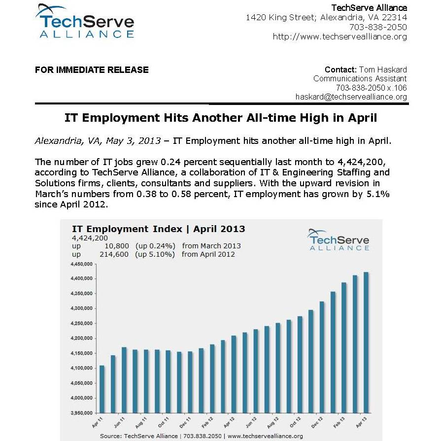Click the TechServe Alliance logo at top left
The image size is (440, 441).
click(x=84, y=22)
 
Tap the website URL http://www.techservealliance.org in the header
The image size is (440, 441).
click(x=340, y=37)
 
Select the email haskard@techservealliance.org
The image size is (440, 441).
click(x=351, y=97)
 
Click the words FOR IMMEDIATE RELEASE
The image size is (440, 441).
click(x=92, y=70)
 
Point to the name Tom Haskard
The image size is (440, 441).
click(x=383, y=69)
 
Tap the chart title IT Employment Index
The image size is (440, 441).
click(x=131, y=229)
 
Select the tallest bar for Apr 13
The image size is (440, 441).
click(x=366, y=342)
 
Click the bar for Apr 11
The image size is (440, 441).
click(x=102, y=389)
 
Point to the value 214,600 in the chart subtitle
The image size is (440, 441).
click(x=116, y=255)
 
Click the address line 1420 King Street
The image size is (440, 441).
click(x=326, y=18)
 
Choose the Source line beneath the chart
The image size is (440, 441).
click(x=201, y=436)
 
